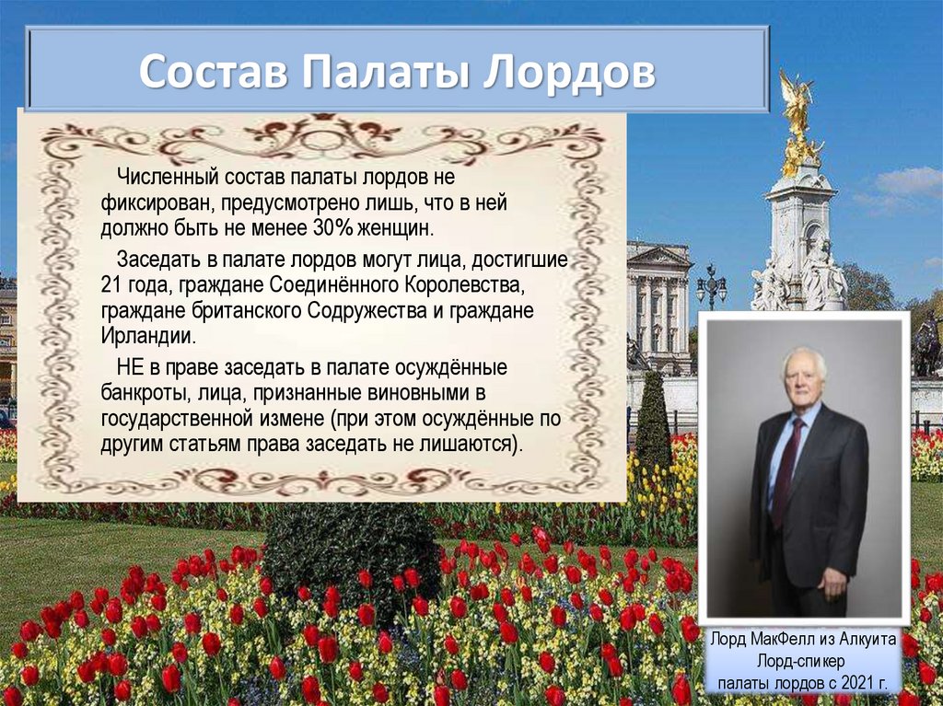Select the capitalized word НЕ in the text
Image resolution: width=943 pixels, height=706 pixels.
coord(130,367)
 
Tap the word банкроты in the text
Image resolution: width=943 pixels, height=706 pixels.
coord(143,394)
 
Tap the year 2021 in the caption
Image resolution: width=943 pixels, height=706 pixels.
coord(857,684)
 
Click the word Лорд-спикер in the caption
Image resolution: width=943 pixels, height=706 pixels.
coord(801,662)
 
